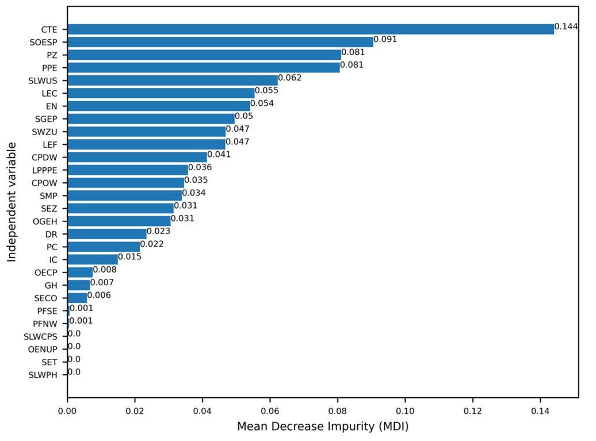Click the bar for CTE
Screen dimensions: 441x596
click(311, 29)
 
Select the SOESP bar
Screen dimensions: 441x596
click(220, 42)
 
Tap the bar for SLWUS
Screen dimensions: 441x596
click(173, 80)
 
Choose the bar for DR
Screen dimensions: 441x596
click(107, 234)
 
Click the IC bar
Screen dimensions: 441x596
click(93, 260)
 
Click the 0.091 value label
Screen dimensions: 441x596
click(385, 40)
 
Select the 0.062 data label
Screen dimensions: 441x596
click(289, 78)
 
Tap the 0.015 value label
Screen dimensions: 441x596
click(129, 257)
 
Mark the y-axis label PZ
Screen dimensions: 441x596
click(52, 55)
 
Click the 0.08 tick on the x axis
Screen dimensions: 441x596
click(338, 412)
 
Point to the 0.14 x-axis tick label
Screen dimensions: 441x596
click(540, 412)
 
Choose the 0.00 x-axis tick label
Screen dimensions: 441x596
click(67, 412)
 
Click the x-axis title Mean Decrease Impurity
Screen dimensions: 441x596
click(323, 428)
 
